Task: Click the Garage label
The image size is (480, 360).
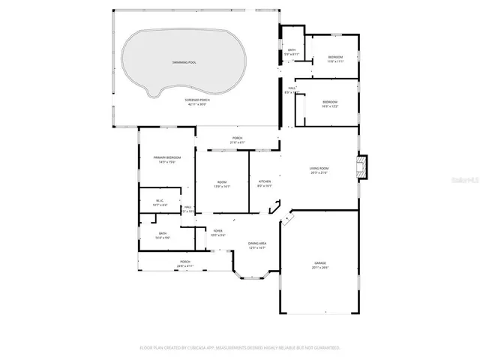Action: (x=320, y=263)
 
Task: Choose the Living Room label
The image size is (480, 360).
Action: (x=320, y=170)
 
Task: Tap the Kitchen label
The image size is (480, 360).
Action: (x=265, y=182)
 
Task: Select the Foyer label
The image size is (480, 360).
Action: (x=217, y=232)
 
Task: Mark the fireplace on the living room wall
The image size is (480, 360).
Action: (x=364, y=167)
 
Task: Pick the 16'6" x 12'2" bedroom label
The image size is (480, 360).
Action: (x=330, y=103)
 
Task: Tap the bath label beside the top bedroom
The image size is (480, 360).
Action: (x=292, y=52)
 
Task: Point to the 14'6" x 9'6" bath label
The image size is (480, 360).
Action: (x=163, y=235)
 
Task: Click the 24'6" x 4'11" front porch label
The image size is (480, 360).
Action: (x=185, y=263)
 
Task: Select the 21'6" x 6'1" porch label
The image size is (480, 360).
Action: (x=237, y=140)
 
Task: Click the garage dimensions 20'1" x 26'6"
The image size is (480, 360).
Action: (x=320, y=268)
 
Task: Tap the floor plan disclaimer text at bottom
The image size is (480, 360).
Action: (x=240, y=348)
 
